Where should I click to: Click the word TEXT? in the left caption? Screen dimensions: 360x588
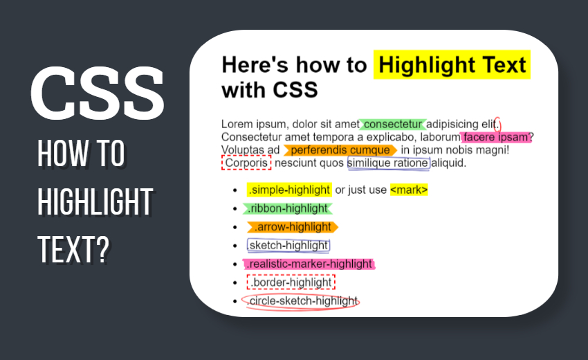(x=74, y=247)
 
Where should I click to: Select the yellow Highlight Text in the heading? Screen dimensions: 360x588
(x=452, y=66)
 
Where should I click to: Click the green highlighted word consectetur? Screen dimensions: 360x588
(x=393, y=124)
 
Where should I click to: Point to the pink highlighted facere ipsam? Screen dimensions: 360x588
(x=496, y=137)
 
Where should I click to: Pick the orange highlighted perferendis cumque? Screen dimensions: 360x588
(x=340, y=150)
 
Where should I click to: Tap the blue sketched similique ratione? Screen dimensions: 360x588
(x=388, y=163)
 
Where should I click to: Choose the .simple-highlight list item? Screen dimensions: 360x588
(x=289, y=190)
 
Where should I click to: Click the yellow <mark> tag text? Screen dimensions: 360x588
(x=409, y=190)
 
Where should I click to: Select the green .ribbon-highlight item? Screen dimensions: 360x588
(x=288, y=208)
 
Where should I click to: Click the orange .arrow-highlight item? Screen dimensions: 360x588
(x=292, y=227)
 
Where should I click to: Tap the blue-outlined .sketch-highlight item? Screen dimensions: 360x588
(x=288, y=245)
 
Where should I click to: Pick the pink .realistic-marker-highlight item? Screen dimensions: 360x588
(x=309, y=264)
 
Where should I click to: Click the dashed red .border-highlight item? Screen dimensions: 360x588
(x=291, y=282)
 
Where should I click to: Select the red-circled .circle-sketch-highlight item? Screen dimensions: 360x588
(x=302, y=301)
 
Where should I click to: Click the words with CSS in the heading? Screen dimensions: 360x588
(x=269, y=89)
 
